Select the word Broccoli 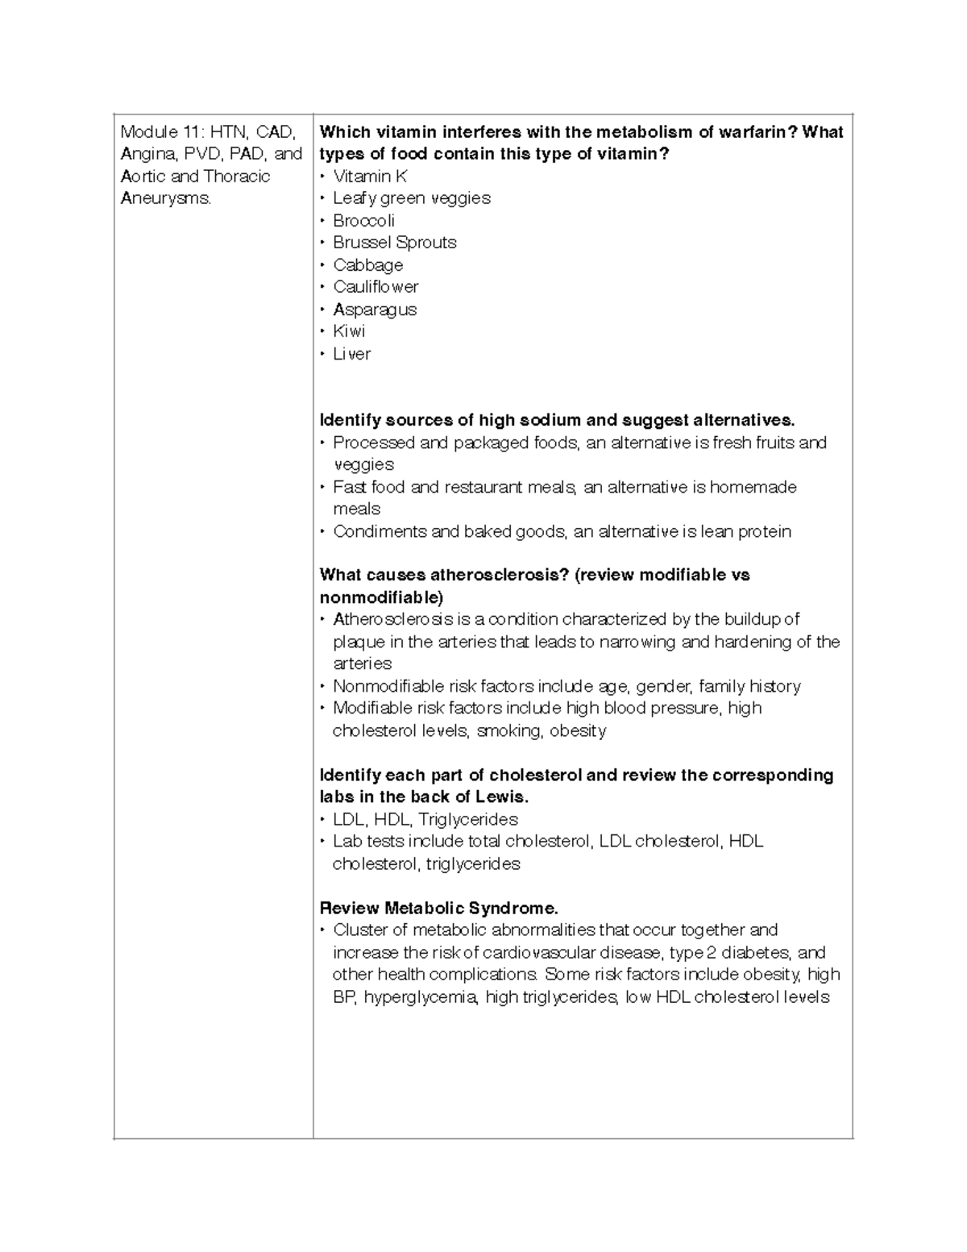(x=363, y=220)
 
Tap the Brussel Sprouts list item (x=394, y=243)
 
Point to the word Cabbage (x=367, y=264)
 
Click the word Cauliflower (x=376, y=287)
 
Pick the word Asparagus (x=375, y=310)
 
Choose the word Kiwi (x=349, y=331)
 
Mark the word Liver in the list (x=351, y=354)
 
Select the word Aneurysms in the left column (x=165, y=198)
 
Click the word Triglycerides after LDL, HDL (x=468, y=819)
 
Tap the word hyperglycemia (x=421, y=997)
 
